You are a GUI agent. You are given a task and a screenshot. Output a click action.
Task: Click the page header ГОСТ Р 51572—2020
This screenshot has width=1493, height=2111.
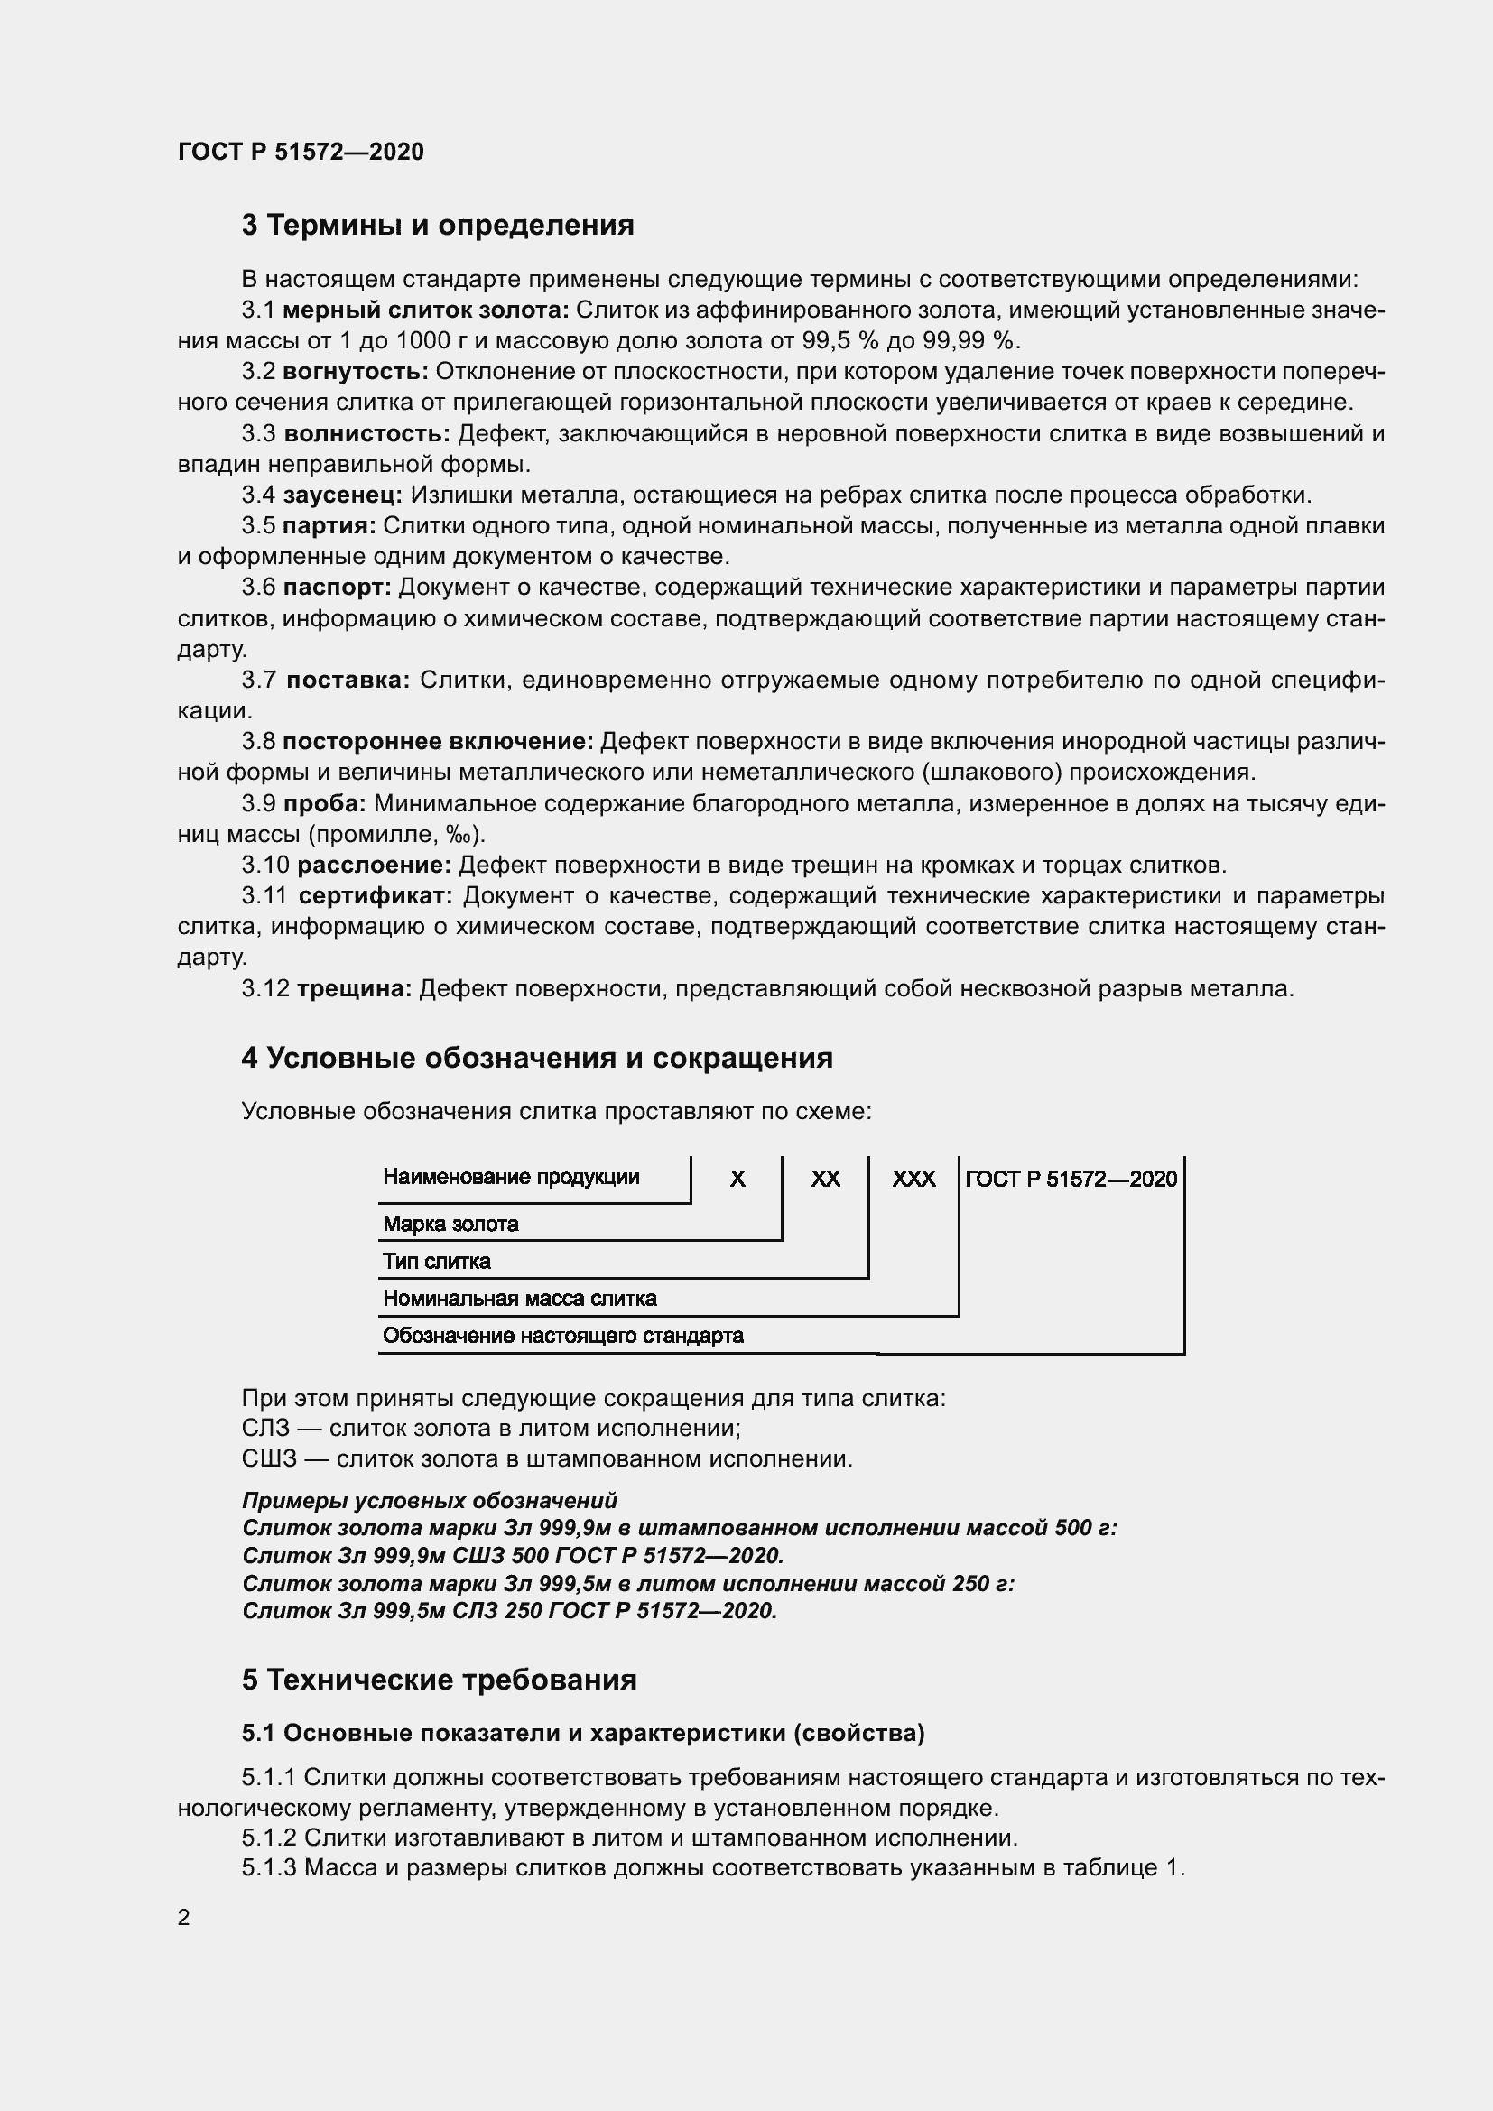301,152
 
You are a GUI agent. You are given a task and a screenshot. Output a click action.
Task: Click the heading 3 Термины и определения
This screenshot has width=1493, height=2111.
438,226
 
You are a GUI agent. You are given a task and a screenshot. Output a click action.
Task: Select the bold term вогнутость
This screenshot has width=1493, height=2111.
355,372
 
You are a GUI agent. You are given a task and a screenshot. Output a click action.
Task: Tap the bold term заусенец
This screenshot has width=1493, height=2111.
342,495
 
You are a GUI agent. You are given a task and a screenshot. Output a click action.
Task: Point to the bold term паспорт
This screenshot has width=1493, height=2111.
337,588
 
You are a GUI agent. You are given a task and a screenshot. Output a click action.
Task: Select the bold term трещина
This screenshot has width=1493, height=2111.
354,989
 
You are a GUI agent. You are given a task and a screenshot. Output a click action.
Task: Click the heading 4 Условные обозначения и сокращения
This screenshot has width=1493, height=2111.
537,1059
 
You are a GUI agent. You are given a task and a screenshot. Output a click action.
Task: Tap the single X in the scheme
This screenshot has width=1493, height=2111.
737,1180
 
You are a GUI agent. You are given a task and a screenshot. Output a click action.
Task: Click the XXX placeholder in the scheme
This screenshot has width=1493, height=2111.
913,1180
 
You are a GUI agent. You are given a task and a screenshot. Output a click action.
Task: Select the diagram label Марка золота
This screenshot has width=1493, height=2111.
450,1225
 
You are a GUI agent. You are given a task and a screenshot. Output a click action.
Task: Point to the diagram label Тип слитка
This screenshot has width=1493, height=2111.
437,1263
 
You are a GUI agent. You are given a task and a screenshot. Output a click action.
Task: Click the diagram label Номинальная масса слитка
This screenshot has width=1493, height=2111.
519,1299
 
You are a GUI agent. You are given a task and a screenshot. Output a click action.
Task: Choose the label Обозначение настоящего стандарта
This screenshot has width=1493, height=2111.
562,1336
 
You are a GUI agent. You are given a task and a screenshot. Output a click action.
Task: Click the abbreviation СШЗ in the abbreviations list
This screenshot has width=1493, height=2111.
264,1459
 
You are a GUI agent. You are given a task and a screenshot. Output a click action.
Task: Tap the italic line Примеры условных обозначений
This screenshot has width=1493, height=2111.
430,1502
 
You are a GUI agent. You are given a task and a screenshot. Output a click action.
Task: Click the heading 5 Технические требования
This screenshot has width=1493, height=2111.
440,1680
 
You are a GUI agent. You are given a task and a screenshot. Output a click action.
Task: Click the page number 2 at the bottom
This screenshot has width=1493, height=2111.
184,1918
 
